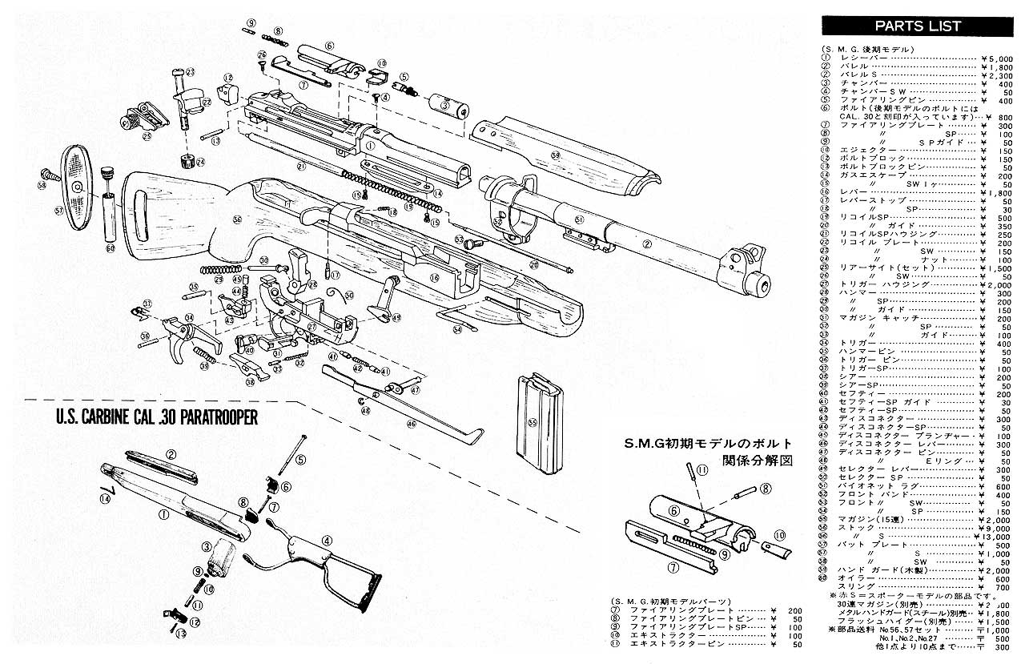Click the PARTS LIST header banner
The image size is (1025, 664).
tap(917, 26)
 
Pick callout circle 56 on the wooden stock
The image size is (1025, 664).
tap(237, 218)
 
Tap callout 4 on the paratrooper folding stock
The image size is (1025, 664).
tap(326, 540)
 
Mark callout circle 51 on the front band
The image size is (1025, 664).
tap(579, 219)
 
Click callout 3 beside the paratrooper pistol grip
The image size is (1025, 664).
tap(206, 547)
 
